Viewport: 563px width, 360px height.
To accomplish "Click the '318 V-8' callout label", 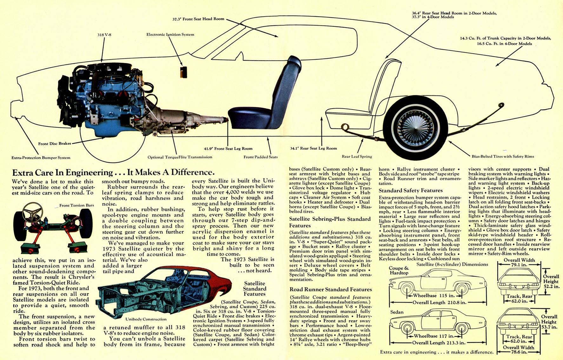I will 104,35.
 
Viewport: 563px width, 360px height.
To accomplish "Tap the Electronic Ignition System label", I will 170,35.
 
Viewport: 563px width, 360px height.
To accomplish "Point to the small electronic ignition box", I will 183,72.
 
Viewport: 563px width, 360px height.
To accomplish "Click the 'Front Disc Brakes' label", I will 55,143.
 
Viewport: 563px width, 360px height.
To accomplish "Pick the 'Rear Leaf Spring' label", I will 357,157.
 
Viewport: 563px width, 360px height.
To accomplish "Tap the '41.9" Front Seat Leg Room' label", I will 228,149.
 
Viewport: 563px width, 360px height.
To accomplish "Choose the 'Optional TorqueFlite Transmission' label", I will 180,157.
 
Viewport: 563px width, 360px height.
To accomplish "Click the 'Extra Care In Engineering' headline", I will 113,173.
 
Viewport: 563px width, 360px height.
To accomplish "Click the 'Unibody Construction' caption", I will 146,319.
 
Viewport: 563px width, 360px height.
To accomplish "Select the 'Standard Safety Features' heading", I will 410,190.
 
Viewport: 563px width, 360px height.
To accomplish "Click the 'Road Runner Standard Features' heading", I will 330,290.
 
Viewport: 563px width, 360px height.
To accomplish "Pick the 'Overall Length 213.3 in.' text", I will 439,343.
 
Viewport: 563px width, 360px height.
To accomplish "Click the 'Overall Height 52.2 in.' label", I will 551,281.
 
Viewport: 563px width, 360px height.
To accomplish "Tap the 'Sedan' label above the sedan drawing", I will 397,312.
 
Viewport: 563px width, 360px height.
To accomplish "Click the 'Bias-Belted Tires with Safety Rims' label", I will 503,157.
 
